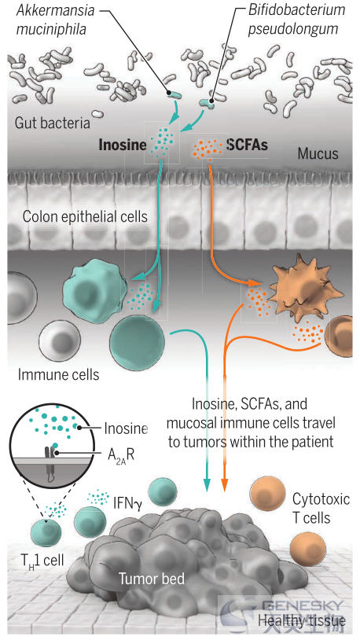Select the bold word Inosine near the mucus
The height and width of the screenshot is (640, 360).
pos(123,145)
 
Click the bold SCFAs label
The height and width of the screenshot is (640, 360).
pos(247,145)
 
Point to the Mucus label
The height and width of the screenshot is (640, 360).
pos(318,153)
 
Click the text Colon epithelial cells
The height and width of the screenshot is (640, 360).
pos(85,216)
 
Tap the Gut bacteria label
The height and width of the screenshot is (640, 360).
pos(52,123)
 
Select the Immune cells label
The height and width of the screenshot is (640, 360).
pos(58,374)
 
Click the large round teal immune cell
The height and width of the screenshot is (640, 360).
pos(137,343)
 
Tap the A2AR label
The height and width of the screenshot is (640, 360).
pos(121,454)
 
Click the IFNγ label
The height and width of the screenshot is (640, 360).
pos(127,503)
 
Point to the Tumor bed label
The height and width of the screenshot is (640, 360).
pos(152,578)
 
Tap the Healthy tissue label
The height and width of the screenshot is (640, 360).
pos(302,621)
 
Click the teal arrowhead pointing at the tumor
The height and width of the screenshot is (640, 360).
pos(208,484)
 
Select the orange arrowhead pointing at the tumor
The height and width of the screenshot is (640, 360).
pos(225,484)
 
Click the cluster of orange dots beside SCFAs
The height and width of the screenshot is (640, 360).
pos(208,148)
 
